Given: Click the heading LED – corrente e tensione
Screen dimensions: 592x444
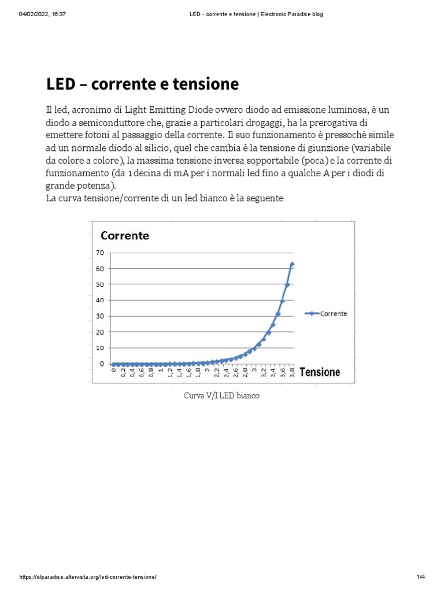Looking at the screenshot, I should (142, 84).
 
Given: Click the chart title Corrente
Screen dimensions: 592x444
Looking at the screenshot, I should (125, 235).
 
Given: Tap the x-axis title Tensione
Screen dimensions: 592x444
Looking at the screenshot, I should (320, 372).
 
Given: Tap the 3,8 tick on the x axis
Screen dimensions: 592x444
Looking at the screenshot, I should (293, 373).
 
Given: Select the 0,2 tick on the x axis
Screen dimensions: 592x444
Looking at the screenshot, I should (123, 373).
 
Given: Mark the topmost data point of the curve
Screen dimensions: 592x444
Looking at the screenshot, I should (292, 264).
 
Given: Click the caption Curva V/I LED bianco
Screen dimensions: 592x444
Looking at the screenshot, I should (221, 396).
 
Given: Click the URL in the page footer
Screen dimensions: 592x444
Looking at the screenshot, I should (88, 577).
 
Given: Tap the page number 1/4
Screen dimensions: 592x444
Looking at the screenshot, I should (420, 577).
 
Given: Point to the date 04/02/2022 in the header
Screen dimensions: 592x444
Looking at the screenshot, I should (34, 14).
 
